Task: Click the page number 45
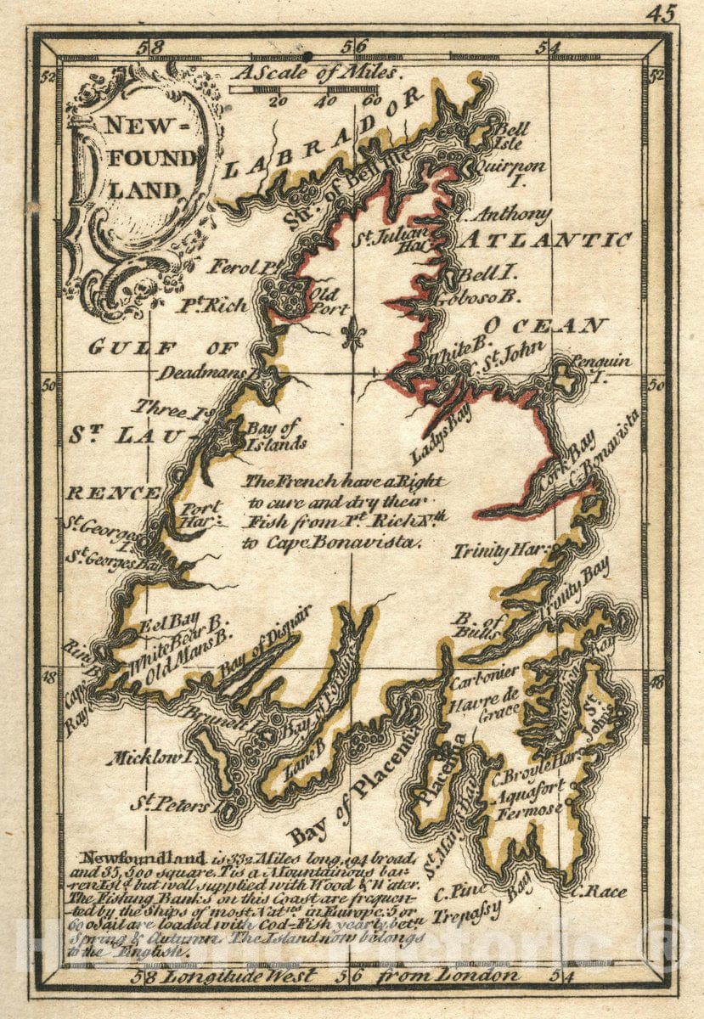tap(661, 14)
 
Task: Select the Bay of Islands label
tap(275, 435)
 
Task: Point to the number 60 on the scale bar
tap(371, 100)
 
